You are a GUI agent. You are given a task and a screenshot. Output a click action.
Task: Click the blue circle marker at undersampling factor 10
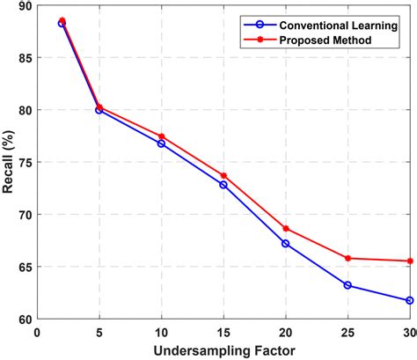point(161,143)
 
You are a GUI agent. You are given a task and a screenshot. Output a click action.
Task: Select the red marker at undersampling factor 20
point(286,228)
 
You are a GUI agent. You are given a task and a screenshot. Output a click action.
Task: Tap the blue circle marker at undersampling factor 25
point(347,285)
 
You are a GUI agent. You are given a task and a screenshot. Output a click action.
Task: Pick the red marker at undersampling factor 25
point(347,258)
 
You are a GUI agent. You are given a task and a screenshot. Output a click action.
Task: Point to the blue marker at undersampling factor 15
point(223,185)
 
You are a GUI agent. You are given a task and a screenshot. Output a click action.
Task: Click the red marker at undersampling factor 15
point(223,176)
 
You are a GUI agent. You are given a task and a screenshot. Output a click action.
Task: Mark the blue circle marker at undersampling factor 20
point(286,243)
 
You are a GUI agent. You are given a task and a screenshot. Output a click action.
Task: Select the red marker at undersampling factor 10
point(161,136)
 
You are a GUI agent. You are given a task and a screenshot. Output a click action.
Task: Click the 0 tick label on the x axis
point(37,333)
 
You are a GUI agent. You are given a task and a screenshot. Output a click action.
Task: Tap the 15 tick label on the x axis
point(223,333)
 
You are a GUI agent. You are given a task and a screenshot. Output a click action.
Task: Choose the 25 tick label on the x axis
point(347,333)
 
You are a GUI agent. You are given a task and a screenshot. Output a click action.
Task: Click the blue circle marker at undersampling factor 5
point(99,110)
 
